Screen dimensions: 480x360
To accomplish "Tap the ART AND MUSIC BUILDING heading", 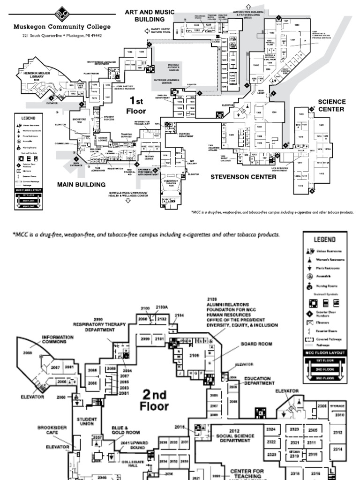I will (x=150, y=15).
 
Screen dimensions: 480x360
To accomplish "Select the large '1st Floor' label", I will (x=136, y=105).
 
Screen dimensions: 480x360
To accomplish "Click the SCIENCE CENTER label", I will (x=332, y=105).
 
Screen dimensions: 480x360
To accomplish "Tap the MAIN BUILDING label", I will (x=81, y=184).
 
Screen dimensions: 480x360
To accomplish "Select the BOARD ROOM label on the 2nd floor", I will (x=256, y=344).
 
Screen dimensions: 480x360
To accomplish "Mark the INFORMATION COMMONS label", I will (x=58, y=339).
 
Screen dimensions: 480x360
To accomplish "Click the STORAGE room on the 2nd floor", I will (x=340, y=406).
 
